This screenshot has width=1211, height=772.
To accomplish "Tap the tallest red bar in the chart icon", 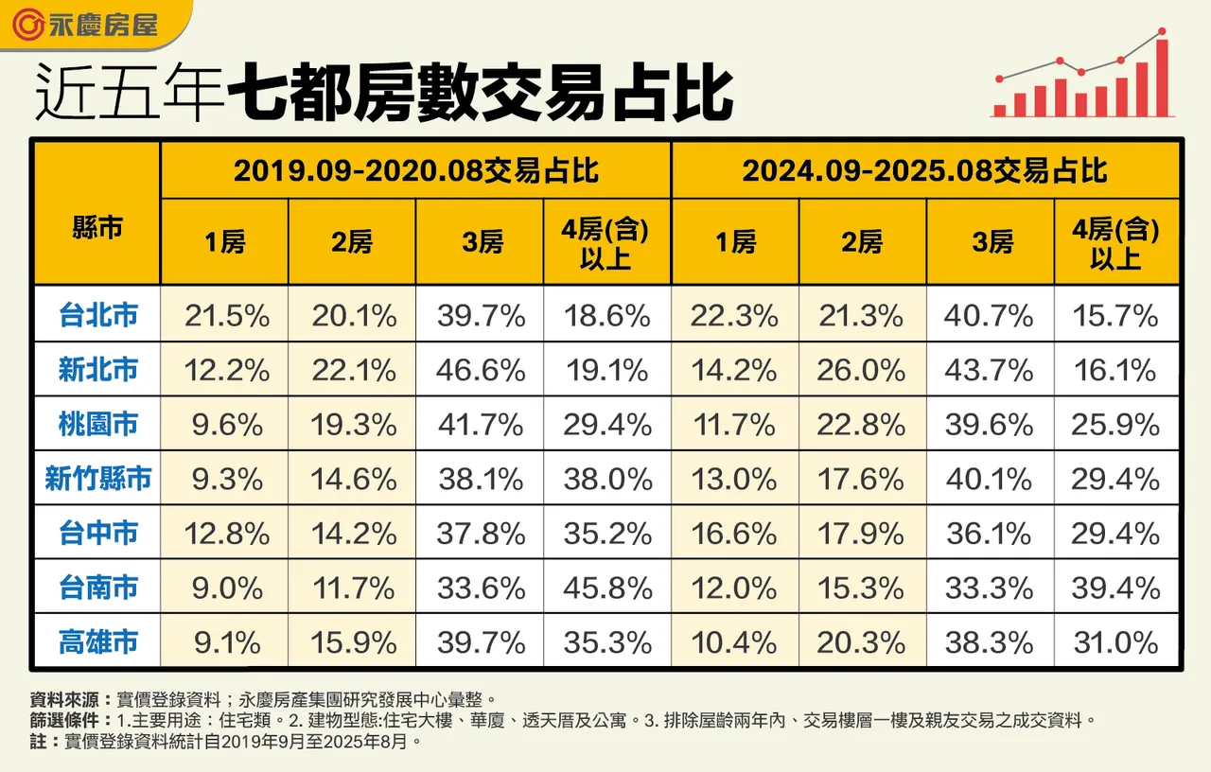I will [1161, 78].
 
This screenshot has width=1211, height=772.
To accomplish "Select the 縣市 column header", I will [97, 227].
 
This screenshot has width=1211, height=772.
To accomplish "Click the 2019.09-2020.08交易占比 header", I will [415, 171].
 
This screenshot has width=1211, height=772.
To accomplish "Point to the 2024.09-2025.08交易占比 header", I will [924, 171].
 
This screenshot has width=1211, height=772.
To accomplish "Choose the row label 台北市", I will [97, 315].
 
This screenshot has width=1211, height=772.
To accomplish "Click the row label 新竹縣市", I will [97, 479].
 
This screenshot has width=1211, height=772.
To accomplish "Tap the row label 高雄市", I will [97, 642].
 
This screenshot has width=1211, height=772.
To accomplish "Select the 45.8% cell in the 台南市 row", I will [607, 588].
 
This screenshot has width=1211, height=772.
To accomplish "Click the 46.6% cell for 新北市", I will [481, 370].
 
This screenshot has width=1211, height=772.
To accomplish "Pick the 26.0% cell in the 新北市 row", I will [860, 370].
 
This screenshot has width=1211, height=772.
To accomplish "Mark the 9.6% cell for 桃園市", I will [225, 425].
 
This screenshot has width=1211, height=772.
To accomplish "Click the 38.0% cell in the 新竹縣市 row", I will [607, 479].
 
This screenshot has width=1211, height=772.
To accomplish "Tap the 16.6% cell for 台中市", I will [734, 534].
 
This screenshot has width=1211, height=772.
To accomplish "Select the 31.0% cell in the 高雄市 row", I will [1115, 642].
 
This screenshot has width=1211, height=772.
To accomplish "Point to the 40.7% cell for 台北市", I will [989, 315].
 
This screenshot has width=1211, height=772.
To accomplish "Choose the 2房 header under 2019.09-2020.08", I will [353, 242].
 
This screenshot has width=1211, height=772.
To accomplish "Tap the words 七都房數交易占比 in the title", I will [483, 94].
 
